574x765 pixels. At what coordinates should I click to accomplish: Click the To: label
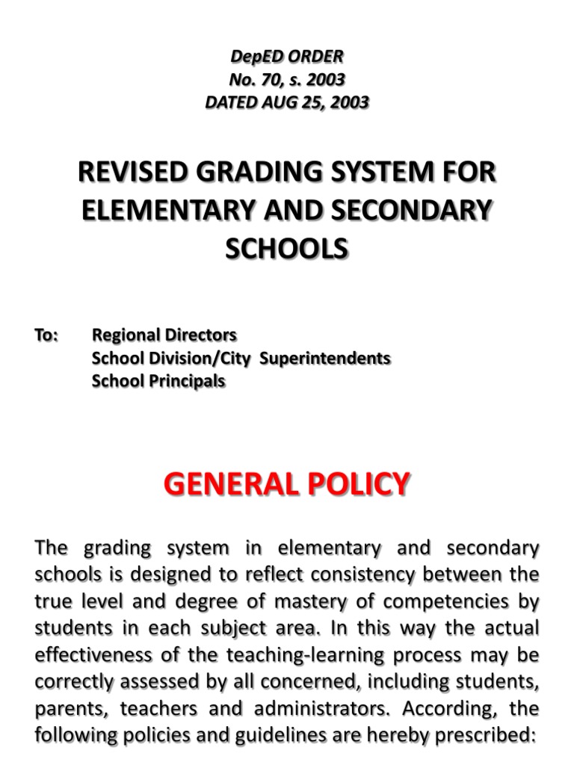(46, 336)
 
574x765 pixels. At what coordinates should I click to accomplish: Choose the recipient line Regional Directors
(164, 336)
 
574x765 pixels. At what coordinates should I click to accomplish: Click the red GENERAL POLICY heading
(287, 484)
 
